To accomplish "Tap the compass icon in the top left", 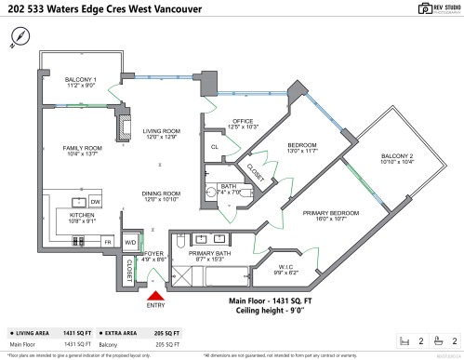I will (x=21, y=36).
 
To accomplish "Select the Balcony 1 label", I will (x=81, y=83).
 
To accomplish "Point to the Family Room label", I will (x=82, y=153).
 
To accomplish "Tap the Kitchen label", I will (x=82, y=218).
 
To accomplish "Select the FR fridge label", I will (x=107, y=242).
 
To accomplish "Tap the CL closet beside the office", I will (x=215, y=147).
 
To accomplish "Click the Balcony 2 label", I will (x=396, y=158).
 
